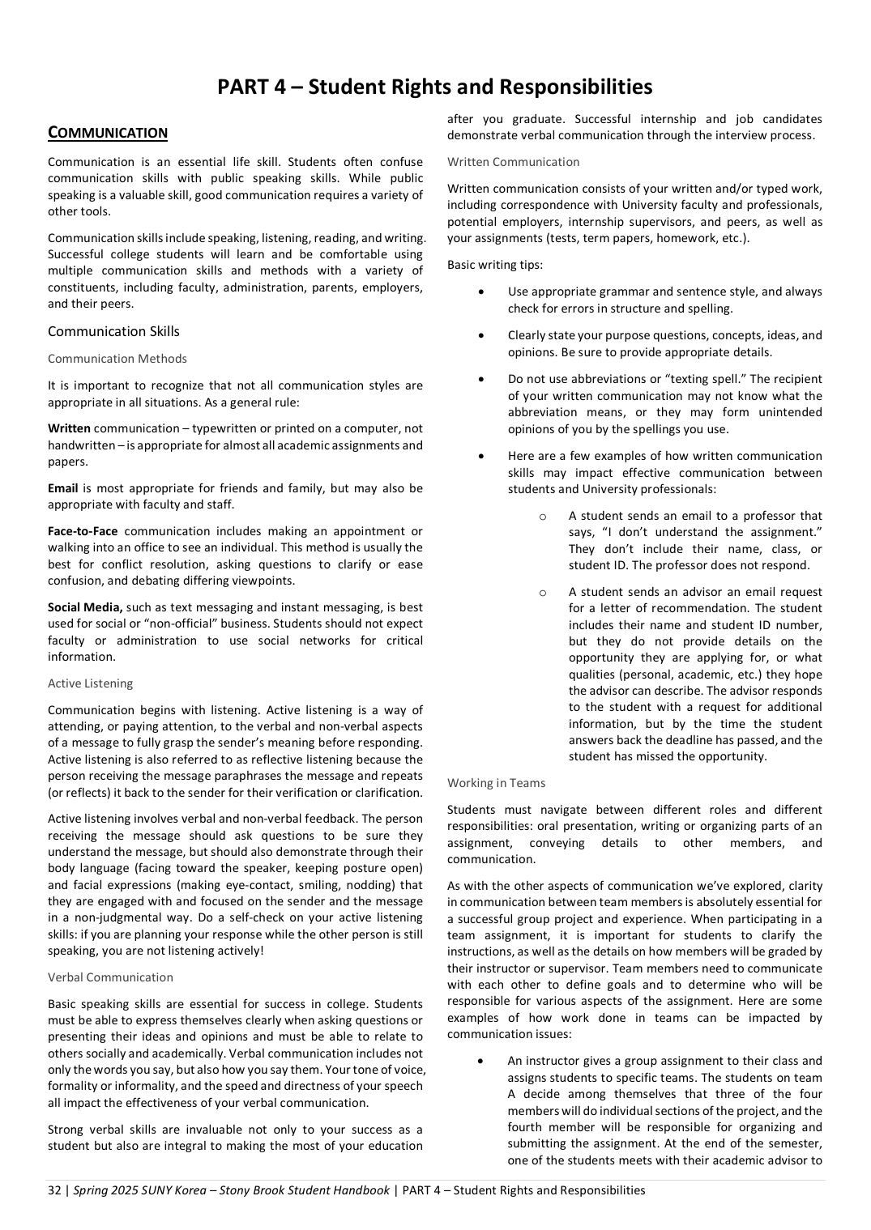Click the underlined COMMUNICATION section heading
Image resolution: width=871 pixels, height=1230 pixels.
(x=108, y=133)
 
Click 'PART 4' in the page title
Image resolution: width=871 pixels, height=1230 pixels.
(x=251, y=87)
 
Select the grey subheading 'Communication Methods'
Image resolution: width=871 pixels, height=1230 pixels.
(x=117, y=359)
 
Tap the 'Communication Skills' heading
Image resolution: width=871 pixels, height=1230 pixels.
(x=113, y=331)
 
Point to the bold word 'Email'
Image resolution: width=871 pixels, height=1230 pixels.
(x=63, y=488)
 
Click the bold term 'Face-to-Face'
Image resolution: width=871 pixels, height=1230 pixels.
(x=83, y=531)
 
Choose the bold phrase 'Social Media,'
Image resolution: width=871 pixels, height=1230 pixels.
(x=85, y=607)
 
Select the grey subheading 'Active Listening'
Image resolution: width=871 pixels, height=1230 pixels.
(x=90, y=683)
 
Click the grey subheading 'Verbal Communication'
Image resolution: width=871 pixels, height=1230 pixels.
(x=110, y=977)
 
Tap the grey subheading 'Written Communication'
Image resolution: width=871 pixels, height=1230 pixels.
(x=513, y=162)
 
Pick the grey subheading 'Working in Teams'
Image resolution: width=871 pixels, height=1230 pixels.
(x=496, y=783)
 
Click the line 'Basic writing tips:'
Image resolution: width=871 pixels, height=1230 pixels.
(x=495, y=265)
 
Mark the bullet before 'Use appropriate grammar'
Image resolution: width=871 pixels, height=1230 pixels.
(x=482, y=292)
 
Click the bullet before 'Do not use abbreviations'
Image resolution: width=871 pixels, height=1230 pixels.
(x=482, y=379)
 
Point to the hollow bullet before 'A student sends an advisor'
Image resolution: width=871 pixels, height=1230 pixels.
(x=542, y=592)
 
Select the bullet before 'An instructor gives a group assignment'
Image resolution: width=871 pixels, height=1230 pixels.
(x=482, y=1061)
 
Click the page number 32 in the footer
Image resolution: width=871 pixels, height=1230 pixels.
(x=54, y=1190)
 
